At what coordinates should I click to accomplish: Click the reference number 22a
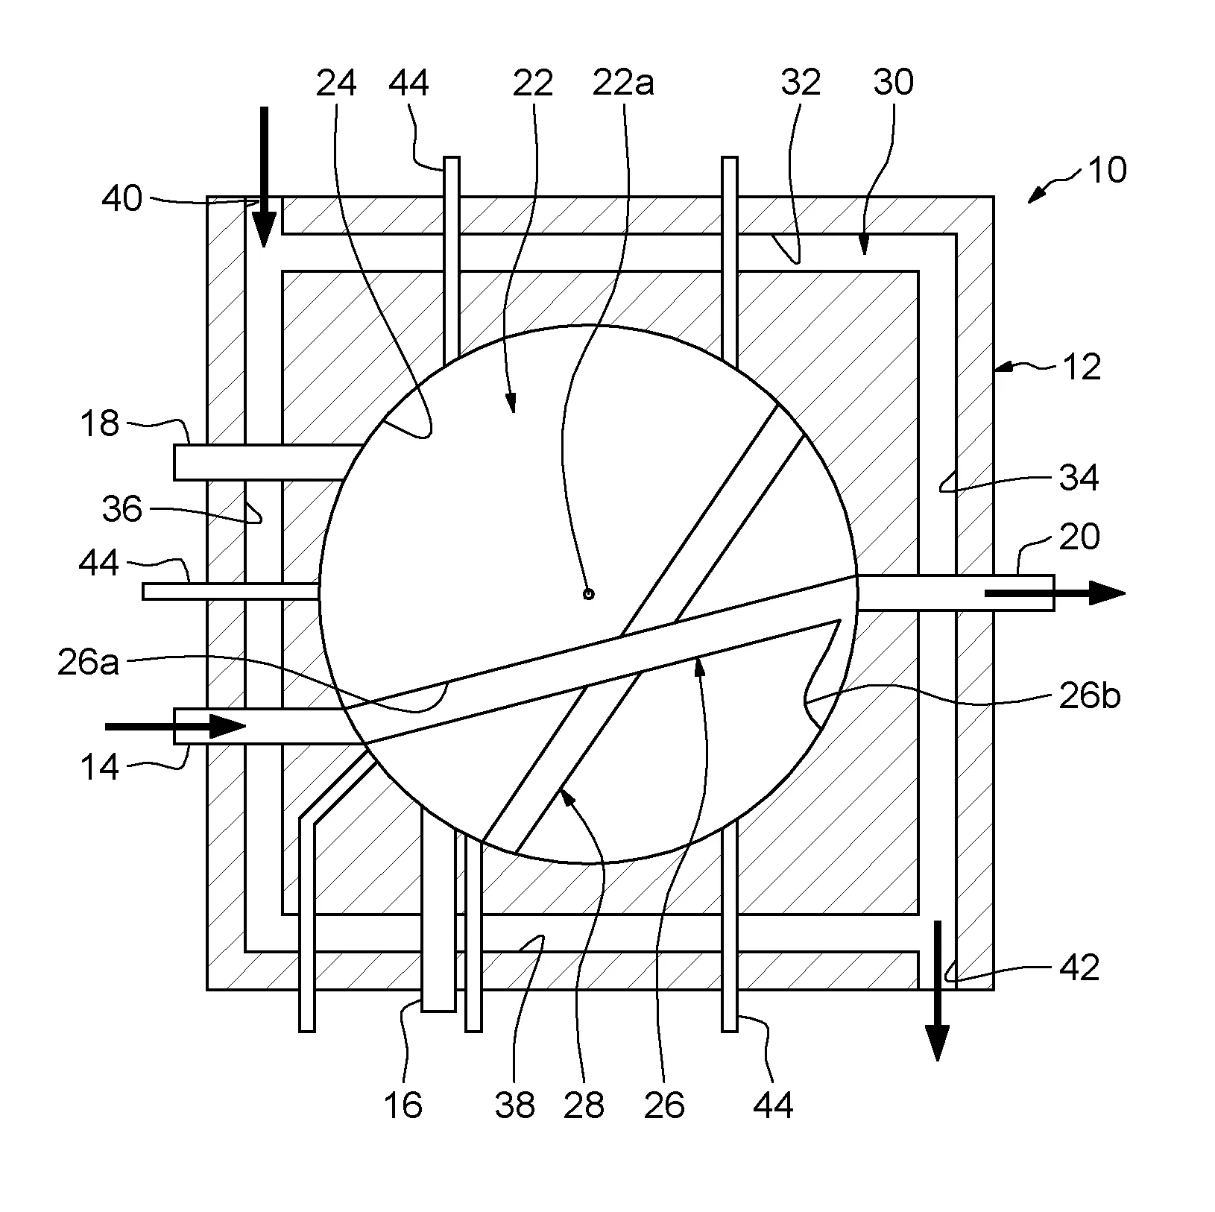(623, 83)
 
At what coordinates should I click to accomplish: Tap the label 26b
(1090, 696)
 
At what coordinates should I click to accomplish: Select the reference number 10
(1106, 171)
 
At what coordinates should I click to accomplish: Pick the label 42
(1079, 968)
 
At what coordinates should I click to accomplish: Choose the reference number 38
(515, 1105)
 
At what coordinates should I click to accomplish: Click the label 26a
(88, 663)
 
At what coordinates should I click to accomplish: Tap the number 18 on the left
(99, 424)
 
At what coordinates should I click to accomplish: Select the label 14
(99, 767)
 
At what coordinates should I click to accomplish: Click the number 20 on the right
(1079, 537)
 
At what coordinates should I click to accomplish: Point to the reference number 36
(122, 510)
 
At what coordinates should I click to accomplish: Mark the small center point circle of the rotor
(588, 594)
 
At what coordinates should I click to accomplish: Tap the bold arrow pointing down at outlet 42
(937, 991)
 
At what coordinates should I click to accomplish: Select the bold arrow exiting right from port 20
(1055, 593)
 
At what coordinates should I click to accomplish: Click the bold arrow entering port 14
(176, 726)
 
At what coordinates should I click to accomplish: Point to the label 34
(1079, 477)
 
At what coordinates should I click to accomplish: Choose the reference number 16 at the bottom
(403, 1105)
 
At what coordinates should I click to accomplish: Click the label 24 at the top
(336, 83)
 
